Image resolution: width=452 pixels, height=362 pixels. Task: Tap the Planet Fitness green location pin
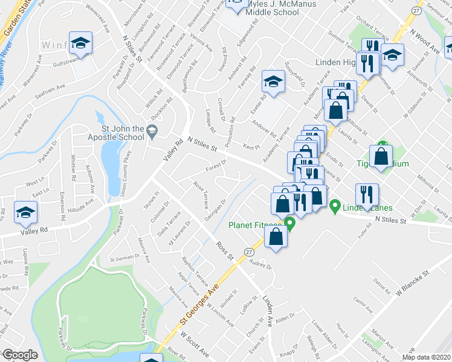point(290,224)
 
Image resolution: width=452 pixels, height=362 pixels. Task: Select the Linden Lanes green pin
point(335,207)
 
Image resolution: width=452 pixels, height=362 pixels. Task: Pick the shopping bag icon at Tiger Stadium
point(382,157)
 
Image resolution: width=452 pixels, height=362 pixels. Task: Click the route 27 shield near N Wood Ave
point(416,11)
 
